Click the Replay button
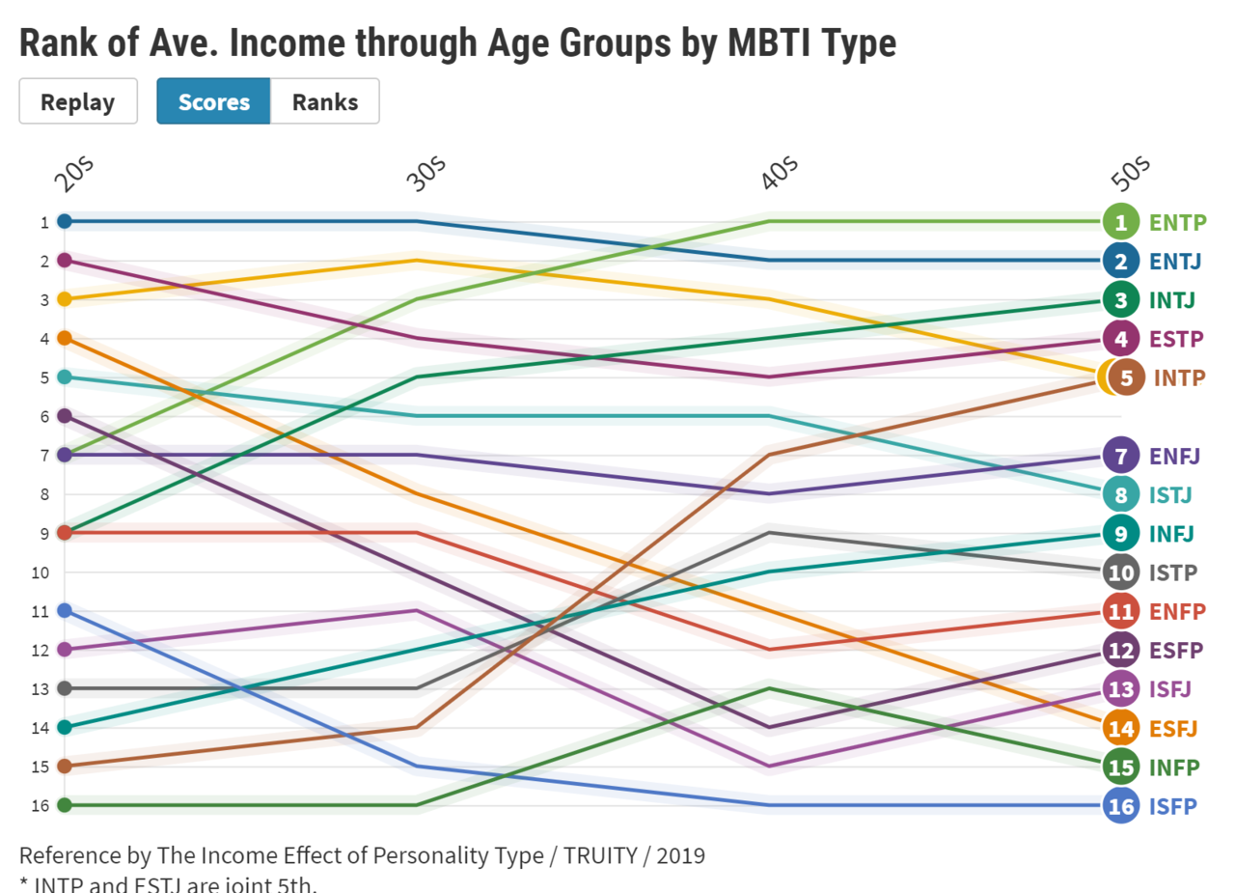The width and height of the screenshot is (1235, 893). pos(77,101)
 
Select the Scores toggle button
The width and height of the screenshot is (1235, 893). pos(213,101)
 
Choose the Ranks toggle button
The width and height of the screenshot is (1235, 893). pos(325,101)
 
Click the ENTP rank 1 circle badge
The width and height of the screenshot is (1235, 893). pos(1120,222)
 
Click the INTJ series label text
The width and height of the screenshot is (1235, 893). pos(1171,300)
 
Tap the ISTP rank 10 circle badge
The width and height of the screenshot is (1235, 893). pos(1120,572)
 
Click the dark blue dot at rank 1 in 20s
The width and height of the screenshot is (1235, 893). pos(65,221)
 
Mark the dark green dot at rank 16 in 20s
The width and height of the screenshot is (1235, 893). pos(65,805)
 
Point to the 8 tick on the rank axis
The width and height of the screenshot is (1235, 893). pos(43,494)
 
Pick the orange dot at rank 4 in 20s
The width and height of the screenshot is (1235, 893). pos(65,338)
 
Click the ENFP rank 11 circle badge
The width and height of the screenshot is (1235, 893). pos(1120,611)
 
